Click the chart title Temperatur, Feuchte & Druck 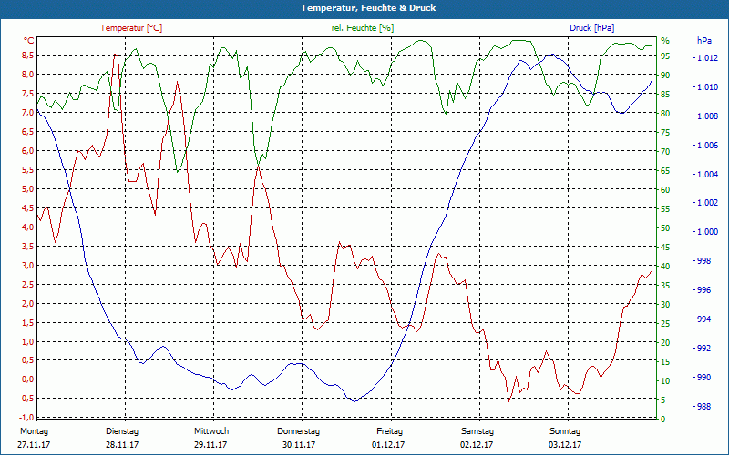tap(364, 7)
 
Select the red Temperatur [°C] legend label tap(131, 28)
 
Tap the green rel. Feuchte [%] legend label tap(363, 28)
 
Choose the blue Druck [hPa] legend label tap(592, 28)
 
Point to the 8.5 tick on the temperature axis tap(28, 56)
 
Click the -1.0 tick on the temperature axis tap(27, 418)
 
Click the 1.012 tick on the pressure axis tap(707, 58)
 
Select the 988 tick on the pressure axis tap(703, 407)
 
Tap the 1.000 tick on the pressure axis tap(707, 232)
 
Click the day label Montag tap(33, 430)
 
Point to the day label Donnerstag tap(298, 430)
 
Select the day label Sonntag tap(564, 430)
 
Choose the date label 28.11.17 tap(121, 445)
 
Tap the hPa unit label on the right tap(703, 41)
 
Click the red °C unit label tap(29, 41)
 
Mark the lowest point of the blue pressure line tap(354, 401)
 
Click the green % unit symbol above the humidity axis tap(665, 41)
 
